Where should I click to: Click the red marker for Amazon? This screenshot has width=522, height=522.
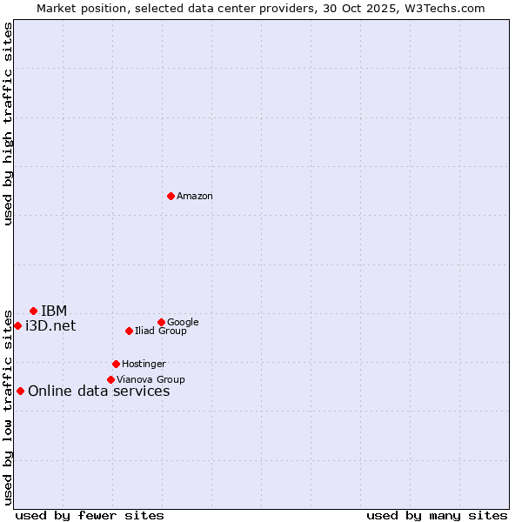tap(171, 196)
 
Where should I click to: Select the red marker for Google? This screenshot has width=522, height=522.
tap(161, 322)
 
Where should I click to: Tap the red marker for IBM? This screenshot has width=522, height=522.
tap(33, 311)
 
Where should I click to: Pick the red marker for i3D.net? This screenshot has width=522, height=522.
tap(17, 325)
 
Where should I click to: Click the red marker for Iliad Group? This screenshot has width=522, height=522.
tap(129, 331)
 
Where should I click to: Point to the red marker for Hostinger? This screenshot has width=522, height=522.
tap(116, 364)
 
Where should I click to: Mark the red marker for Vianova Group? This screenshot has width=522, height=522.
tap(110, 379)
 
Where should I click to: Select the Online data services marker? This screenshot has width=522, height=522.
tap(20, 391)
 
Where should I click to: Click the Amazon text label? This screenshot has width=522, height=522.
tap(195, 197)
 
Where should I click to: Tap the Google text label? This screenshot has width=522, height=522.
tap(183, 323)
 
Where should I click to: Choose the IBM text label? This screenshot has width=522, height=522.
tap(54, 311)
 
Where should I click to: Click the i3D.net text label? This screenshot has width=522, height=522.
tap(50, 326)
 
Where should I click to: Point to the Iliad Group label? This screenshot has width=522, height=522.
tap(161, 331)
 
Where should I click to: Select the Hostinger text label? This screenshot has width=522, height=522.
tap(144, 365)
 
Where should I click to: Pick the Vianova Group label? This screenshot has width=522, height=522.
tap(151, 380)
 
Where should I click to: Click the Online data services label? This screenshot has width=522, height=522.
tap(98, 391)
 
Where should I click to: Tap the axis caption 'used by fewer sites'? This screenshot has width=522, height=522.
tap(90, 515)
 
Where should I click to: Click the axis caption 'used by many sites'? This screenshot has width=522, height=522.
tap(437, 515)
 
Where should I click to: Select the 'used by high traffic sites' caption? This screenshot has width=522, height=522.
tap(8, 124)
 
